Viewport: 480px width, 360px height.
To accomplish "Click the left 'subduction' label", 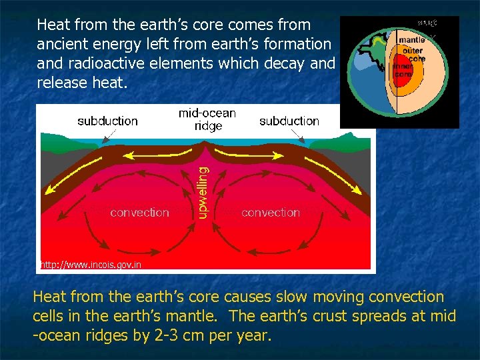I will click(107, 121).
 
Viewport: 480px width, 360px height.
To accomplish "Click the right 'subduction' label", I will click(289, 121).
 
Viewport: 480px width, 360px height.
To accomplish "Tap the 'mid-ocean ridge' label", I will click(207, 119).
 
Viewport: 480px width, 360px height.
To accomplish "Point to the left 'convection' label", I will click(139, 213).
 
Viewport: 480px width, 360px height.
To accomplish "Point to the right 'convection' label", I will click(271, 213).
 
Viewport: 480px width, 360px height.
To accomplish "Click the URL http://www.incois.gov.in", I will click(91, 265).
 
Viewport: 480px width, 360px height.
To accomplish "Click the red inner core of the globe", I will click(401, 70).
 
